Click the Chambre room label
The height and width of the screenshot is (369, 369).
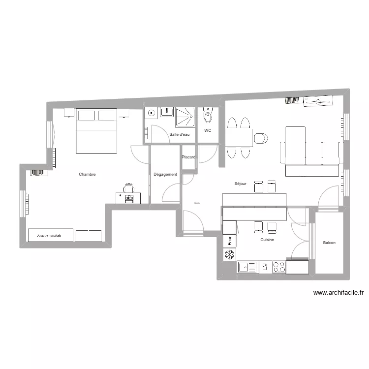[87, 174]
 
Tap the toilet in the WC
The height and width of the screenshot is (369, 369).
[208, 117]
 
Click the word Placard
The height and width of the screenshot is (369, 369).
[188, 157]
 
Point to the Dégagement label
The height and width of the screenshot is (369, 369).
[165, 174]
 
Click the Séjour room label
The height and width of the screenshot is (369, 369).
[240, 184]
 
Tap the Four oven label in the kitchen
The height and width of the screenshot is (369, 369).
[229, 241]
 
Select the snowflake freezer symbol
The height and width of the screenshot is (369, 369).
[229, 254]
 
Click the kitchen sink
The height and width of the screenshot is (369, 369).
[247, 267]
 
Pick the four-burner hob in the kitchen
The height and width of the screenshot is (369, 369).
[279, 267]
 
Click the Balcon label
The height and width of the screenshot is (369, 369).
[329, 243]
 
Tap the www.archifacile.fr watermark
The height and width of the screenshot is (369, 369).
[338, 292]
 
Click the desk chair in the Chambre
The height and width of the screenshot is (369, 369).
[129, 187]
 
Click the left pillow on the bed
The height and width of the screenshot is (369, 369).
[86, 116]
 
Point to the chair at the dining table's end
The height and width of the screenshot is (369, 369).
[261, 138]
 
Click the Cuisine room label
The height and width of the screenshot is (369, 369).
[267, 240]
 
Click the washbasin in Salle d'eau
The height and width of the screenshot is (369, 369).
[167, 113]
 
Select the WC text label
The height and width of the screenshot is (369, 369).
[208, 130]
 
